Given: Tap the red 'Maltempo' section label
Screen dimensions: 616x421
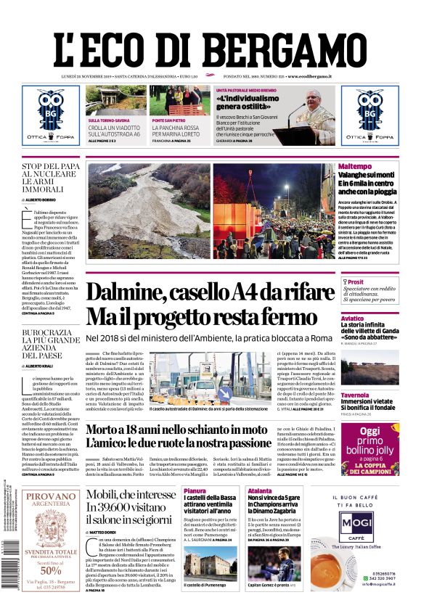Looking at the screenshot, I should (x=375, y=167).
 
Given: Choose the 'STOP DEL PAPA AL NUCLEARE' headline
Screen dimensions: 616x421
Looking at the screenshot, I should (x=50, y=177).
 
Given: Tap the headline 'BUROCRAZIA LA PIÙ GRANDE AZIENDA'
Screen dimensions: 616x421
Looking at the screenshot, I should (x=50, y=344).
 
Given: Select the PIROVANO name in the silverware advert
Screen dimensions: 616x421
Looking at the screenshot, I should (x=50, y=497).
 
